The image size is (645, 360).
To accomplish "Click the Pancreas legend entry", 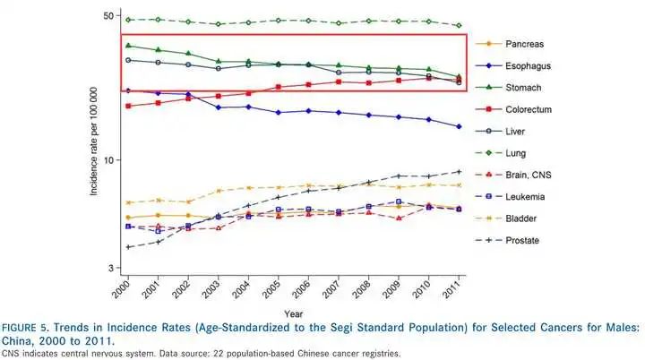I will pos(529,43).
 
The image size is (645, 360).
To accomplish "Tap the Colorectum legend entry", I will pos(533,109).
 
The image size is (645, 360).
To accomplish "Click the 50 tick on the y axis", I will pos(107,16).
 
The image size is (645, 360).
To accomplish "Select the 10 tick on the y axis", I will pos(107,160).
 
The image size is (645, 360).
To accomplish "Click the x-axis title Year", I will pos(294,313).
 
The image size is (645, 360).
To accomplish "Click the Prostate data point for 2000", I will pos(129,247).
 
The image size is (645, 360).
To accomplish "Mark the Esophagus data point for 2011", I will pos(460,127).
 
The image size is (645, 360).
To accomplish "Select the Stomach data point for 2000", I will pos(129,45).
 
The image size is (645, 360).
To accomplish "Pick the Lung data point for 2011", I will pos(460,26).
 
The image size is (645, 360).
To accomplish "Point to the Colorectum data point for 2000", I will pos(129,106).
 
